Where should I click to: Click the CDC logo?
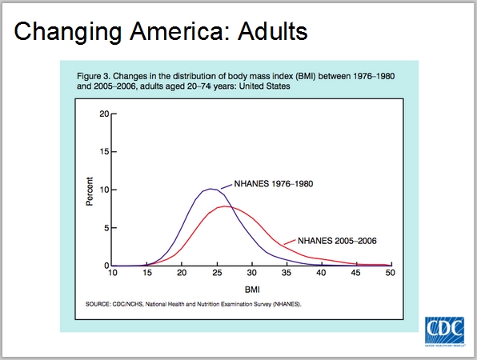[x=444, y=331]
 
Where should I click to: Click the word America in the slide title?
[x=179, y=31]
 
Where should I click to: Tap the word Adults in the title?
[x=273, y=31]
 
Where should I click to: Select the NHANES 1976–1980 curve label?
[x=273, y=184]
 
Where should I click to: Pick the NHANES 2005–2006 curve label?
[x=337, y=241]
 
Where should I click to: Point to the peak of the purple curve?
[x=210, y=189]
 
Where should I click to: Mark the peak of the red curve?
[x=225, y=206]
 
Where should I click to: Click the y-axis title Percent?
[x=90, y=191]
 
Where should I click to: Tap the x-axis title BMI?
[x=252, y=290]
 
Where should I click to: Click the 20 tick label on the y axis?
[x=104, y=114]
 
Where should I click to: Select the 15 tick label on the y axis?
[x=104, y=152]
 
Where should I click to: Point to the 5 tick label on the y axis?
[x=106, y=228]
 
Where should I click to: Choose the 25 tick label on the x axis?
[x=217, y=273]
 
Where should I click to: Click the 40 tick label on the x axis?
[x=321, y=273]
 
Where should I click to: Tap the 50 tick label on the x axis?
[x=391, y=273]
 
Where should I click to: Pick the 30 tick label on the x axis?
[x=251, y=273]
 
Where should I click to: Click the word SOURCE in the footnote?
[x=98, y=304]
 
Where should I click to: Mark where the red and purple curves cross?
[x=232, y=207]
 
